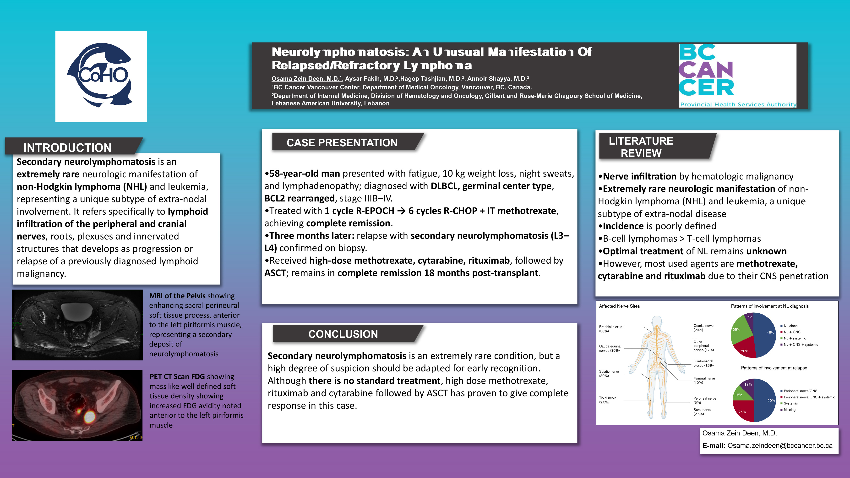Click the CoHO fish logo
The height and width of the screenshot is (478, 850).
click(101, 76)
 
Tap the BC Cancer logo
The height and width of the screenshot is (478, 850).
click(737, 76)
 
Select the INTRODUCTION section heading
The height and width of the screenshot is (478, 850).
click(67, 147)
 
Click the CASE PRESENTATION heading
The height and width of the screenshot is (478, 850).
click(342, 142)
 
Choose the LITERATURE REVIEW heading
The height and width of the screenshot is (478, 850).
click(641, 147)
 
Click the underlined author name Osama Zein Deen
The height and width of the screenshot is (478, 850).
click(305, 79)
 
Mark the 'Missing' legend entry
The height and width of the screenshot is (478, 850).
click(789, 410)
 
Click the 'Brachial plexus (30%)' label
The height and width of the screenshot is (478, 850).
click(610, 329)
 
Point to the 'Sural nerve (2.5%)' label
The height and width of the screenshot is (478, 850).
click(702, 412)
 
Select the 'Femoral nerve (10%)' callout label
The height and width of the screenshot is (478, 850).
click(704, 380)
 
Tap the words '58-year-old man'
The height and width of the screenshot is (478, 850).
click(304, 174)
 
